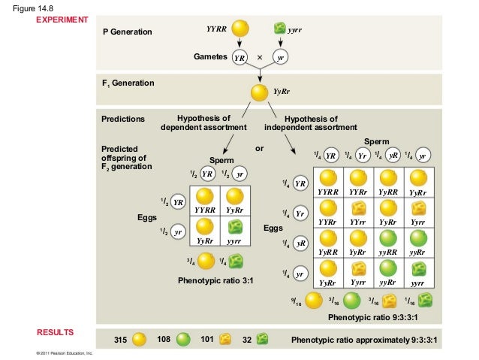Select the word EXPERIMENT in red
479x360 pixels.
tap(62, 19)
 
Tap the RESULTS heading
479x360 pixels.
tap(58, 331)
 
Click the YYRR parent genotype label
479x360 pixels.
tap(216, 29)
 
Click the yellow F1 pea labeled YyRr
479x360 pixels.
tap(259, 92)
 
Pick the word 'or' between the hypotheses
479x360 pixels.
tap(260, 148)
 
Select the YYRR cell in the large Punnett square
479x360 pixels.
tap(329, 183)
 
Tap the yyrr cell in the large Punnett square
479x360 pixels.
tap(418, 272)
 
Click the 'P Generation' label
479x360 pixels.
tap(127, 33)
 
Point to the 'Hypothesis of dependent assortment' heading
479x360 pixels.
tap(203, 123)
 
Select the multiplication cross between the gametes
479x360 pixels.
tap(259, 57)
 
